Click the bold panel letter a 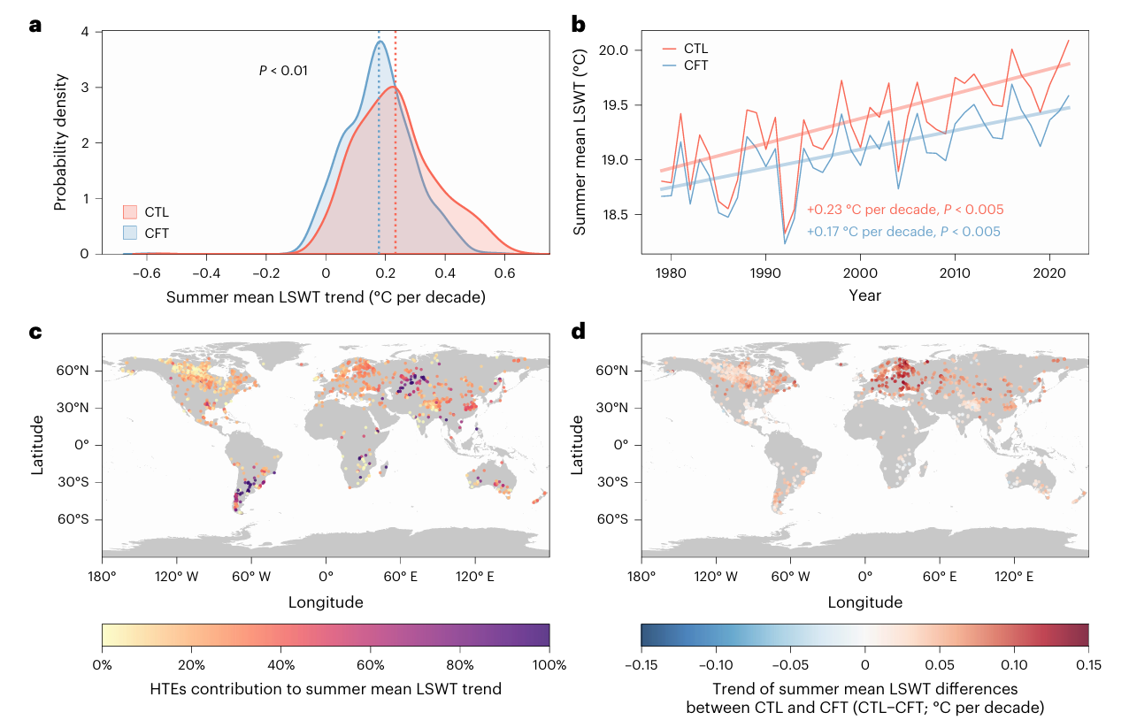pos(35,25)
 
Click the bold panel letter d pos(579,333)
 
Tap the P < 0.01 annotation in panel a pos(283,70)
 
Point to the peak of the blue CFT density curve pos(380,42)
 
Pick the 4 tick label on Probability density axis pos(84,32)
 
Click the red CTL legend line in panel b pos(672,48)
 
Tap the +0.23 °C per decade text pos(904,211)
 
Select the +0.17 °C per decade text pos(903,232)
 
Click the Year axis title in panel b pos(864,295)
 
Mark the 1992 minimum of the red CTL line pos(784,232)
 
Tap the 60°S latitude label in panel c pos(74,519)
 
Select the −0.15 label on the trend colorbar pos(641,664)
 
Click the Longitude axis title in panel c pos(325,603)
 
